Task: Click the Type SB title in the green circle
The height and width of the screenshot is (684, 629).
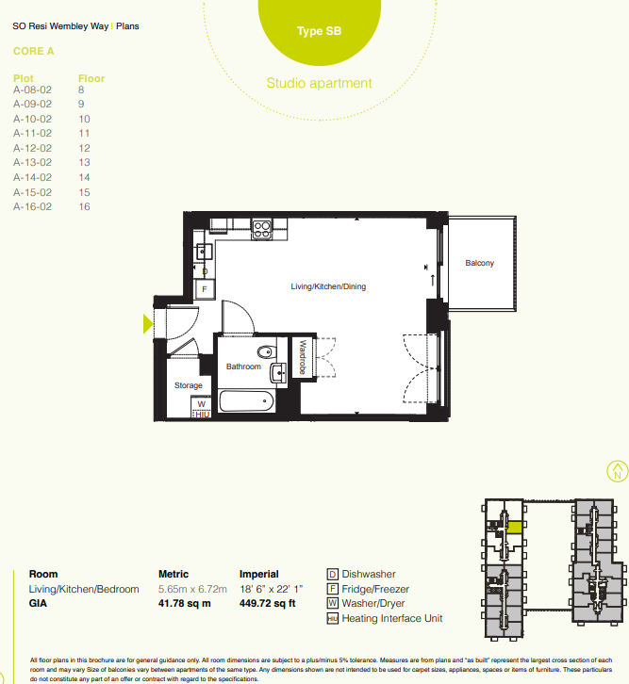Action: (x=319, y=31)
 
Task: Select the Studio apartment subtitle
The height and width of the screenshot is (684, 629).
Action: (x=319, y=83)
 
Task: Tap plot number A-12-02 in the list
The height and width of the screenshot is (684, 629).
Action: (x=33, y=148)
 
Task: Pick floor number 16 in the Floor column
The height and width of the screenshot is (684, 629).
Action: (x=84, y=206)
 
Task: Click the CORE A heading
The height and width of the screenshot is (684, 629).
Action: (x=34, y=52)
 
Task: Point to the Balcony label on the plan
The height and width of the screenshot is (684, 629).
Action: (x=479, y=263)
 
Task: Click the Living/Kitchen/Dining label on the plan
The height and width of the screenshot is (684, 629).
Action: (x=327, y=286)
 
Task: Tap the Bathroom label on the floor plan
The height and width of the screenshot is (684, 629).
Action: (x=242, y=366)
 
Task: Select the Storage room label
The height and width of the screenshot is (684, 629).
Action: (x=189, y=385)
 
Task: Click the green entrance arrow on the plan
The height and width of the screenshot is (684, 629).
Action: (x=148, y=324)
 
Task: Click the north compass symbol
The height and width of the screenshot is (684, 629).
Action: (x=617, y=470)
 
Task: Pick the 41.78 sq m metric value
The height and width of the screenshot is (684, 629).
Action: (x=185, y=604)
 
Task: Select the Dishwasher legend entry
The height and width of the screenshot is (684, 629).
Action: (x=368, y=574)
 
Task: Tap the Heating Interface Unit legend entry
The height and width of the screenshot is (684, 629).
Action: (x=391, y=619)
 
